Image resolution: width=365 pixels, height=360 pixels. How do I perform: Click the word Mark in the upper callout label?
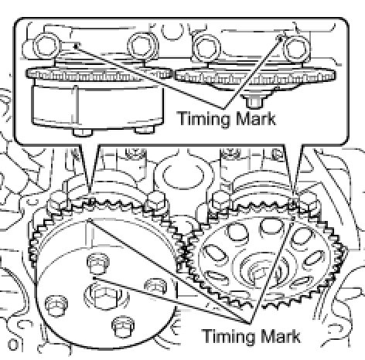point(256,118)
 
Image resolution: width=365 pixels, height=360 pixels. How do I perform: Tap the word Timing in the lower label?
point(228,336)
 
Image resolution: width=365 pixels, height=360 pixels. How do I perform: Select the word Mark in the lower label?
point(280,335)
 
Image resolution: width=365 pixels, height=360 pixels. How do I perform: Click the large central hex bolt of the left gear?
point(106,295)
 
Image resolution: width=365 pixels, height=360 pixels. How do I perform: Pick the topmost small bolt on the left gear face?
point(98,263)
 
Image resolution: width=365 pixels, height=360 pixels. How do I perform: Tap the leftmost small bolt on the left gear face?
point(56,305)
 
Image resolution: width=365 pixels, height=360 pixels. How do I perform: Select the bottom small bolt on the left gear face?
point(123,326)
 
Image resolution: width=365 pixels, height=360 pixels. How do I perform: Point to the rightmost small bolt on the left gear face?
point(155,286)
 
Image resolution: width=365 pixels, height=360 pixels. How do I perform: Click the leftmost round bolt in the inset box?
point(46,46)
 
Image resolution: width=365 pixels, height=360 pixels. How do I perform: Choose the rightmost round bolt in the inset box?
point(295,49)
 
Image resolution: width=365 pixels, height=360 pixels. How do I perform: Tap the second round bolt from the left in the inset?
point(142,46)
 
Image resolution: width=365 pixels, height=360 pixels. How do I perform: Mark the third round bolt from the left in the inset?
point(206,48)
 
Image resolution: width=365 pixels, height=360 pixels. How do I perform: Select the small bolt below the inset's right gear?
point(255,101)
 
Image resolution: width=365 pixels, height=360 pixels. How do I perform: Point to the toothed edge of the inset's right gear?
point(255,76)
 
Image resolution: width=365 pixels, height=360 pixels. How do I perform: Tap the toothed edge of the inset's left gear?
point(99,74)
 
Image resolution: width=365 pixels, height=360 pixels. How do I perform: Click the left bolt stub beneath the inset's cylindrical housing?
point(83,132)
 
